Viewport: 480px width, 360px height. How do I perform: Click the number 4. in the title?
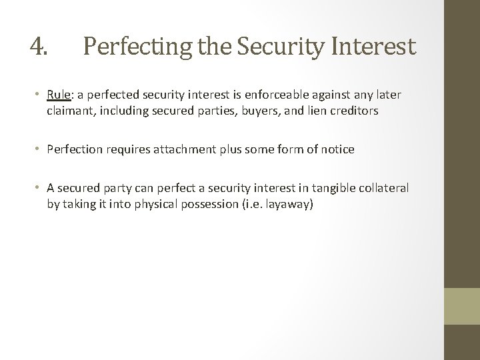(x=39, y=46)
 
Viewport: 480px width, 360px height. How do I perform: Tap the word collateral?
(x=385, y=189)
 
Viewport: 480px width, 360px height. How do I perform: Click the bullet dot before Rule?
(x=39, y=95)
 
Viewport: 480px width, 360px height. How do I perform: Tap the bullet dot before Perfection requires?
(x=39, y=150)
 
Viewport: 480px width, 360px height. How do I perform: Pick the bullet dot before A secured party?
(x=39, y=189)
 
